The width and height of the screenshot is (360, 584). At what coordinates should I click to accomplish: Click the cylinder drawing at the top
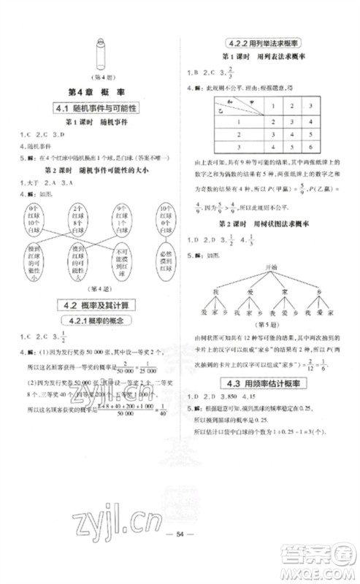[x=97, y=58]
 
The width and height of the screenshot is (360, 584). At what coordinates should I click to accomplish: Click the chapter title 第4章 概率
[x=96, y=93]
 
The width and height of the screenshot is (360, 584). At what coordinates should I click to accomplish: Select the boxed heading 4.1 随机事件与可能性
[x=96, y=109]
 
